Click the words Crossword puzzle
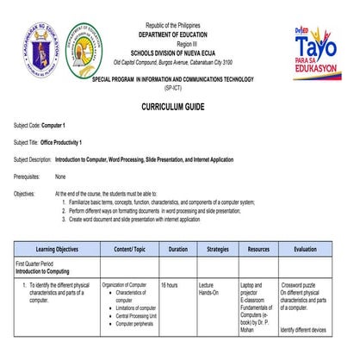click(301, 283)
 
